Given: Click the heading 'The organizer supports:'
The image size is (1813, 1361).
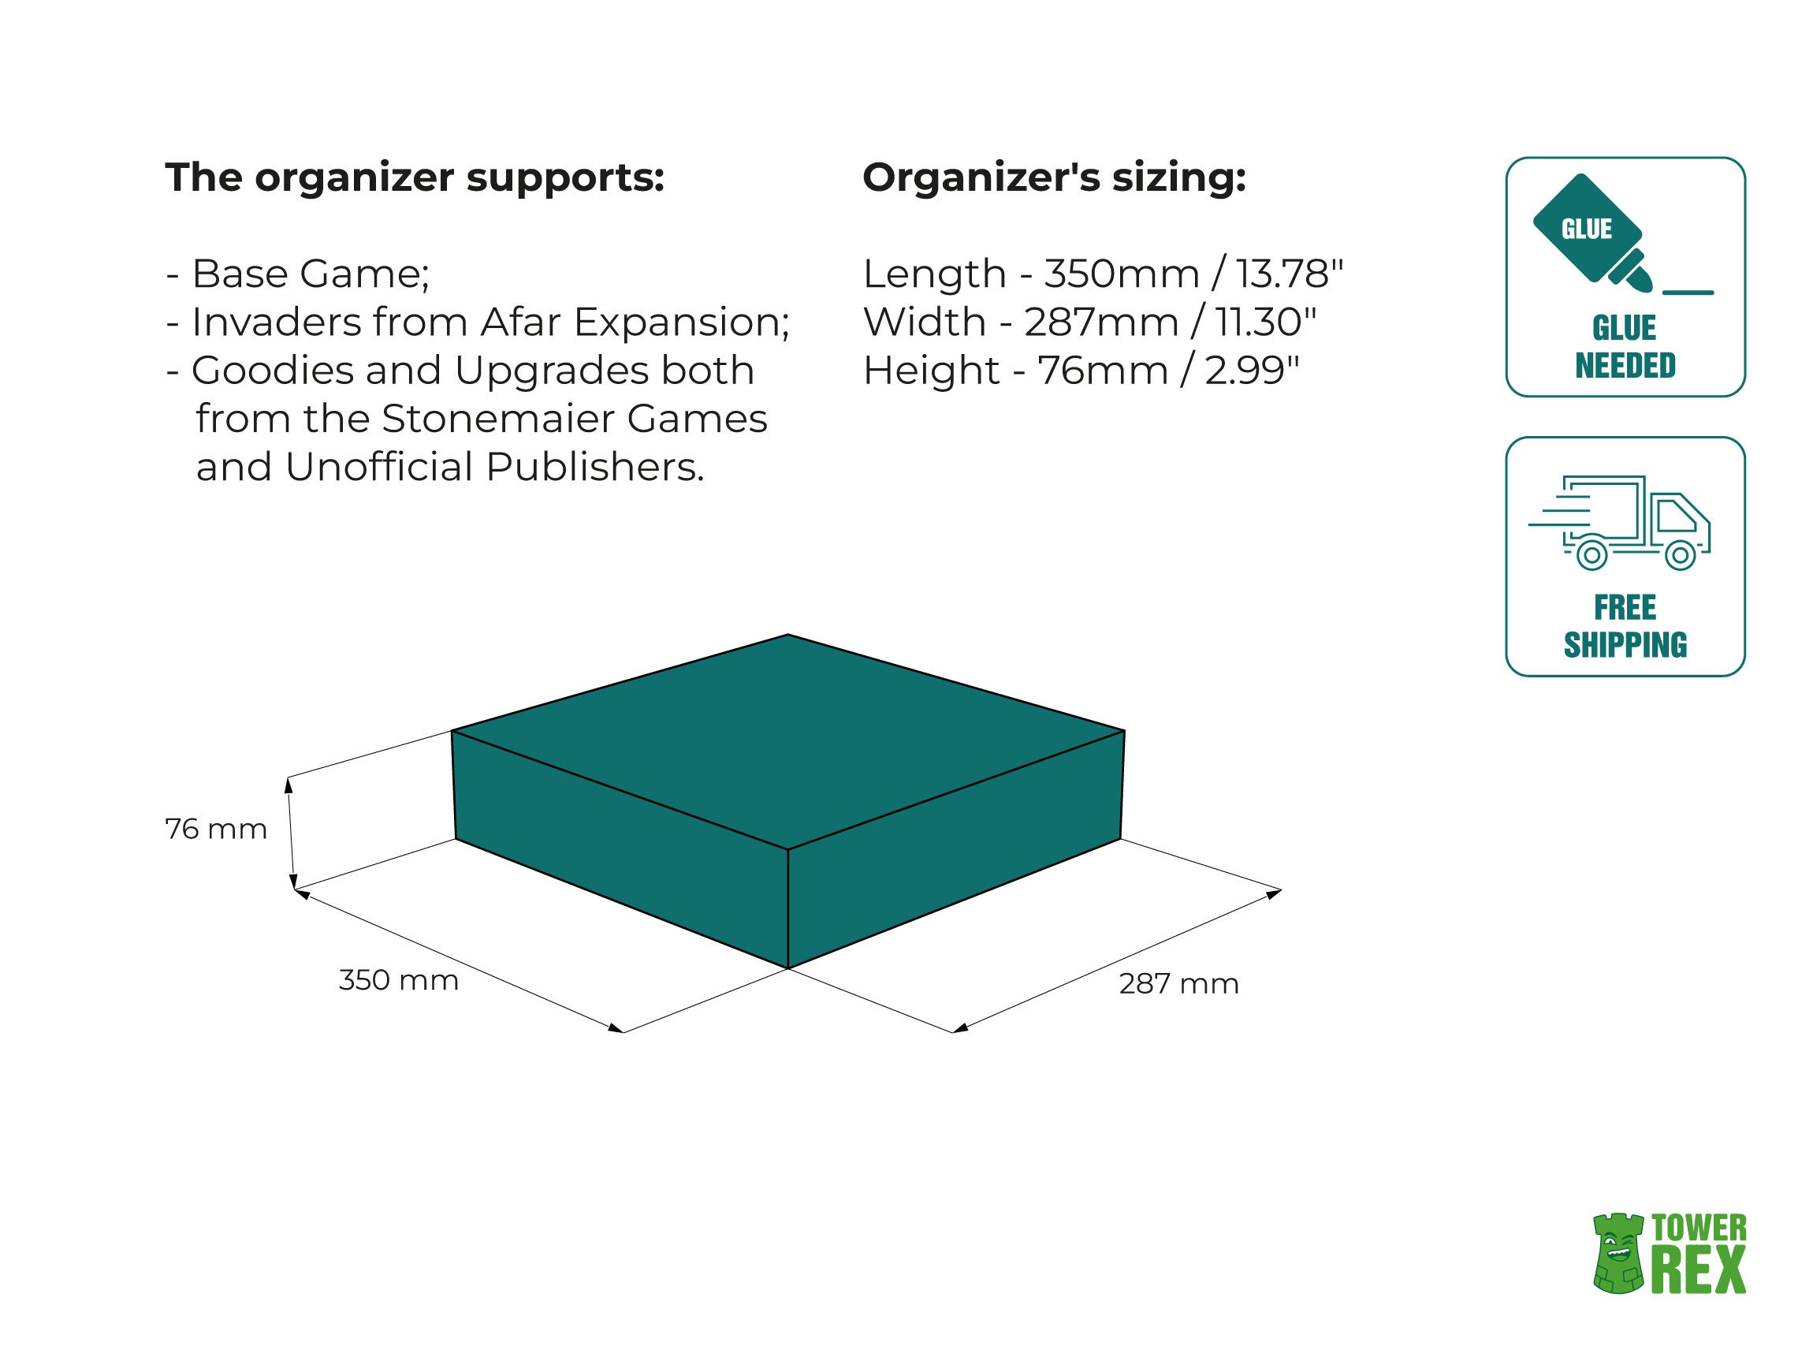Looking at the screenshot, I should [x=414, y=178].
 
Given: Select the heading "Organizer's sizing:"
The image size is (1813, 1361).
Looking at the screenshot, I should [x=1054, y=178].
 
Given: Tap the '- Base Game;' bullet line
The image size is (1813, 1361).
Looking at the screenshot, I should [x=297, y=274].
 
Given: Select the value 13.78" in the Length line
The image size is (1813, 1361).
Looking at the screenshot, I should [x=1290, y=274].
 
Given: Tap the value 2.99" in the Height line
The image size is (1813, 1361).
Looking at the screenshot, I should [x=1252, y=371].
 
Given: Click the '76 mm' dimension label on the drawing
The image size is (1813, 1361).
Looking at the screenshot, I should [x=217, y=829].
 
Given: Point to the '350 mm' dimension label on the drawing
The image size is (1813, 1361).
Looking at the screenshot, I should [x=398, y=980].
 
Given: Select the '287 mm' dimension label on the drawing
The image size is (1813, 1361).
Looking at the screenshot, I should [x=1178, y=983].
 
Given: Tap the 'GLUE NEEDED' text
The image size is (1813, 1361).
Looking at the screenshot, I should [x=1625, y=347].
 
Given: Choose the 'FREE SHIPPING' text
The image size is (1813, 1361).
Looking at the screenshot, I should [x=1625, y=626].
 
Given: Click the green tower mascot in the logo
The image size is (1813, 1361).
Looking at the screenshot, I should [x=1618, y=1255].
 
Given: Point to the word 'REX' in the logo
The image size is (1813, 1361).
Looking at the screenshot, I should [x=1698, y=1270].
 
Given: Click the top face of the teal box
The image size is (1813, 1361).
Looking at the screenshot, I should [x=788, y=738].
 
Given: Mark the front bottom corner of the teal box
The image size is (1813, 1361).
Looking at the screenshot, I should [x=787, y=968].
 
